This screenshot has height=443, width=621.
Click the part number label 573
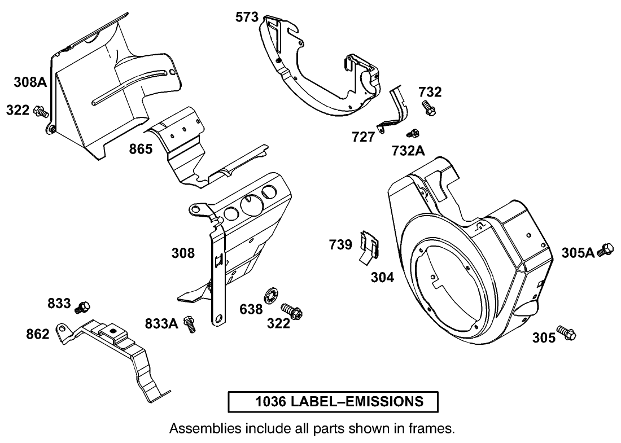(x=247, y=17)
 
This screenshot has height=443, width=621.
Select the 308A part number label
(x=30, y=83)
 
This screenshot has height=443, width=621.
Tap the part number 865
(x=141, y=150)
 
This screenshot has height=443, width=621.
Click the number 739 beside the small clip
(x=340, y=244)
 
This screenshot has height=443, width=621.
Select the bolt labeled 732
(x=428, y=108)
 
